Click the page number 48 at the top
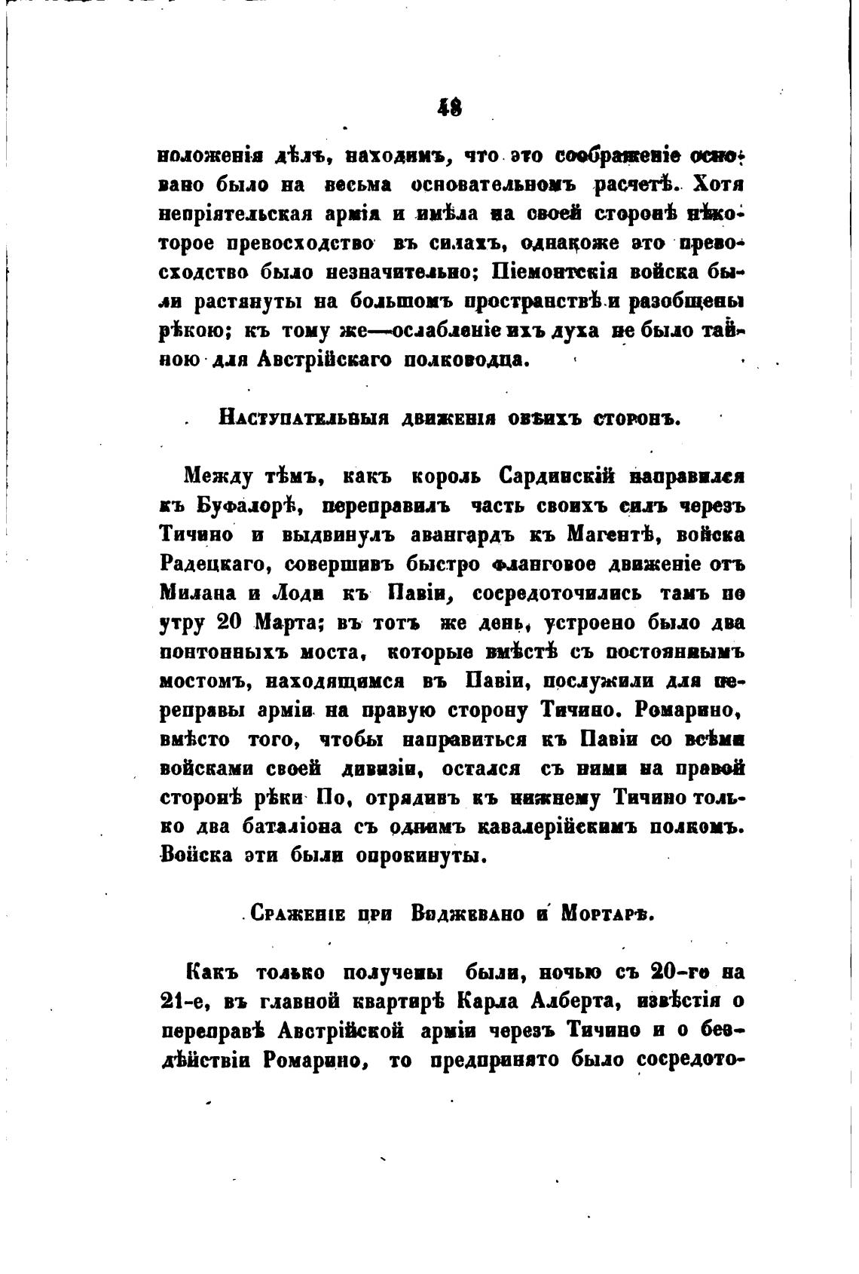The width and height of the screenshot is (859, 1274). point(450,108)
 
